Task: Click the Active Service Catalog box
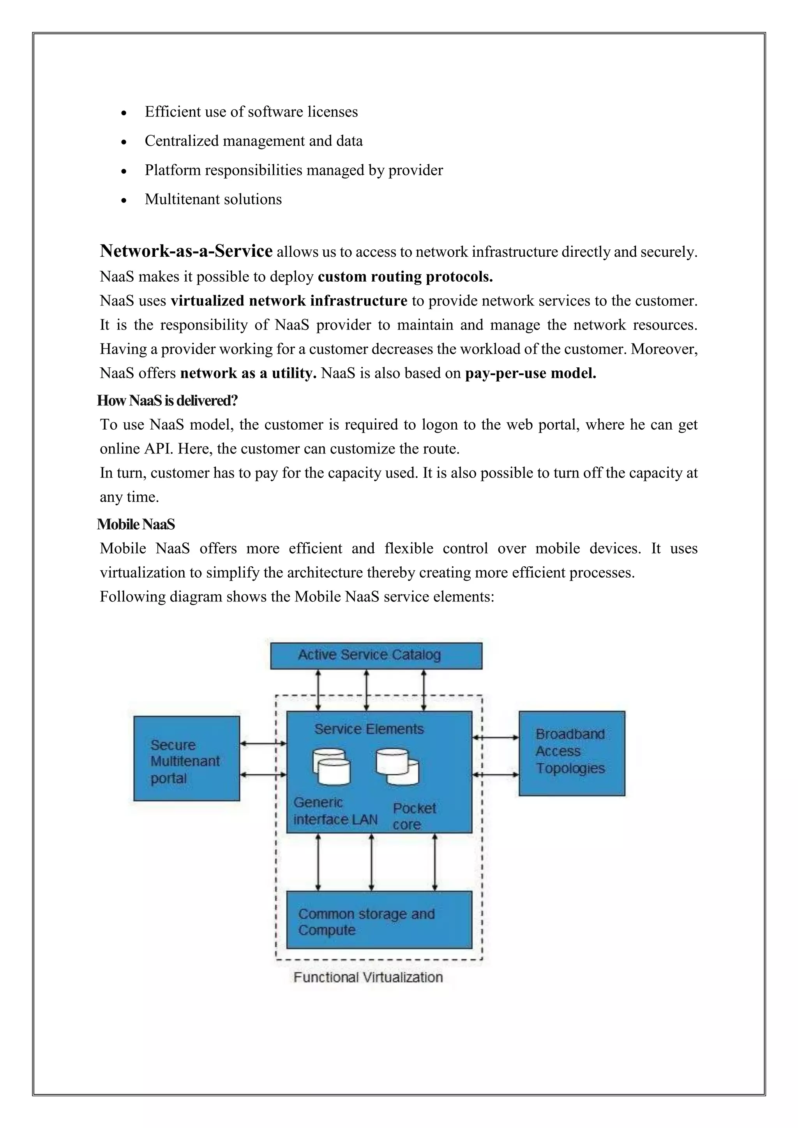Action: click(x=376, y=656)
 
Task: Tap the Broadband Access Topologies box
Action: click(x=572, y=752)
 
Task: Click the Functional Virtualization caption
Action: click(x=368, y=977)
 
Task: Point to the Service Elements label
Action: click(x=369, y=729)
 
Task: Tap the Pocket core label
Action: click(x=414, y=816)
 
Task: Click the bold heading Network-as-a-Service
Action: click(x=186, y=251)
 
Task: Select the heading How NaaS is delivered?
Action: click(x=167, y=400)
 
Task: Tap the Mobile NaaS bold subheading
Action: click(x=136, y=524)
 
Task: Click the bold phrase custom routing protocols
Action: click(x=405, y=277)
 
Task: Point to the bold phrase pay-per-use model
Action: click(x=530, y=374)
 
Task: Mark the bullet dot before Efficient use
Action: click(x=124, y=113)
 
